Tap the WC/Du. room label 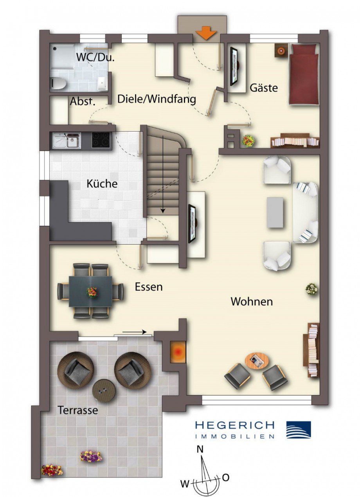95,57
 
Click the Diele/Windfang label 157,99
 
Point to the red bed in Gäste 304,74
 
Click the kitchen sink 67,140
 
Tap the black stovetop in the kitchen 101,140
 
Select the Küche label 102,184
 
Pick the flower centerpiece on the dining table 92,292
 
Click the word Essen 149,287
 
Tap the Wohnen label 252,302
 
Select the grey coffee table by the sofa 275,212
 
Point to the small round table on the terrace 103,391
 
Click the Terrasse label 77,411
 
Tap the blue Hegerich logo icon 299,430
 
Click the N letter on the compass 200,450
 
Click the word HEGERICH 234,425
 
